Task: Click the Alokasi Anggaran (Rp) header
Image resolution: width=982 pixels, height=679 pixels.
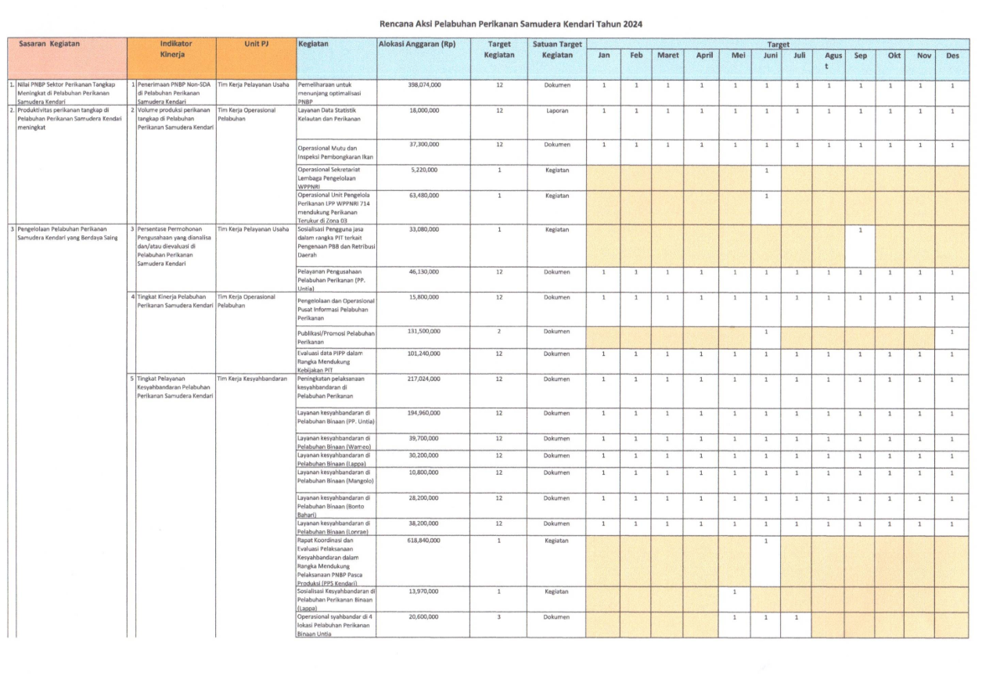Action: (x=417, y=45)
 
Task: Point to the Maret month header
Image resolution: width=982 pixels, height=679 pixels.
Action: (x=667, y=56)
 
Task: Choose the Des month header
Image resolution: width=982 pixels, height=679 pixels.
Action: (x=952, y=56)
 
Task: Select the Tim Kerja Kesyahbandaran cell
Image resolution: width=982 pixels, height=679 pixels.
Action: (x=248, y=379)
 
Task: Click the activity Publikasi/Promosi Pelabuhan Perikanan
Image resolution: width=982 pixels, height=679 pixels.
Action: (x=336, y=337)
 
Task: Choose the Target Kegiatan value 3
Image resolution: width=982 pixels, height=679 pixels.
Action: (x=499, y=617)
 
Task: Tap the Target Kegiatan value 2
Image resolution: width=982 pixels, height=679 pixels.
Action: (x=499, y=332)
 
